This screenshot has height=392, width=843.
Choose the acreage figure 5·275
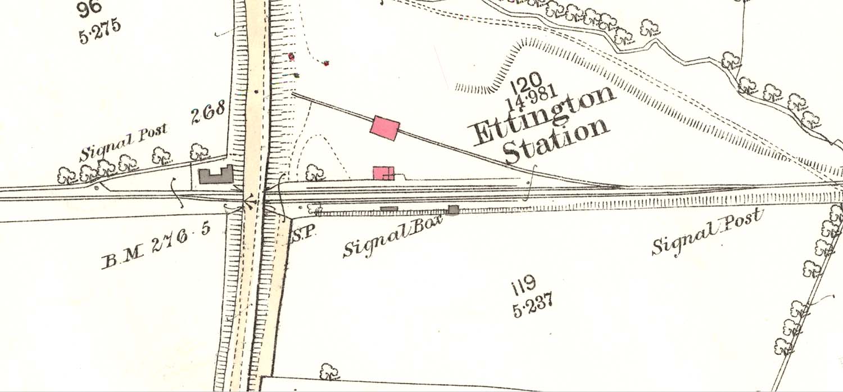click(x=100, y=31)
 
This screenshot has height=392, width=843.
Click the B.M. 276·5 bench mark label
click(x=156, y=248)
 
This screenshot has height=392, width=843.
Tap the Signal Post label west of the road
click(x=123, y=143)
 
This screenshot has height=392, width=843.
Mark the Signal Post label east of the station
click(x=708, y=231)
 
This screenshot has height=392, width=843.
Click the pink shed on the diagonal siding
click(x=385, y=127)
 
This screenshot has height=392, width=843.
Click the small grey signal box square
click(x=454, y=210)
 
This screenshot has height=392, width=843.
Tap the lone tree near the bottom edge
click(x=329, y=371)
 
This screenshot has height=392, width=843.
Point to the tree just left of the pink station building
click(x=315, y=172)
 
